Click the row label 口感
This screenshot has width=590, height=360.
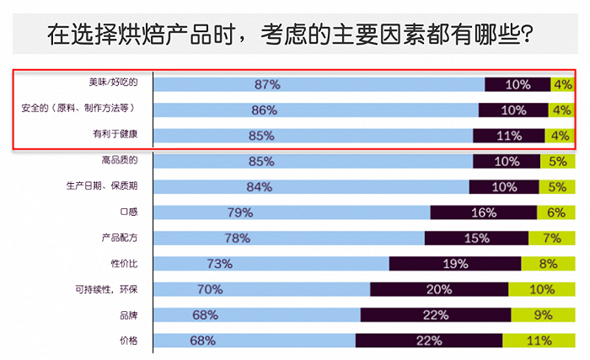tap(128, 212)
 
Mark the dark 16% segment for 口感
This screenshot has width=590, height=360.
tap(483, 212)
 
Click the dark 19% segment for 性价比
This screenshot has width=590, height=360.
tap(454, 264)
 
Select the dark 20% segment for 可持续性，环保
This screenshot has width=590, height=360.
tap(439, 289)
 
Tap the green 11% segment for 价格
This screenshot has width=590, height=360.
tap(538, 341)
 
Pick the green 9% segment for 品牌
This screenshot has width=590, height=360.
tap(542, 315)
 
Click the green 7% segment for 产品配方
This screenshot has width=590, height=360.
tap(551, 238)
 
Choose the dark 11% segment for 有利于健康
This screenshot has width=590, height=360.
tap(509, 135)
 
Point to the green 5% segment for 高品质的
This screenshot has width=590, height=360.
tap(557, 161)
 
